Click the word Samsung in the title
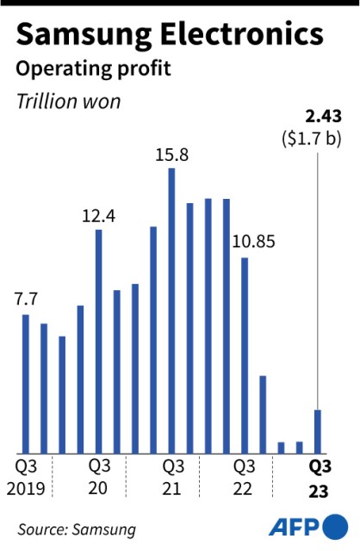tap(84, 36)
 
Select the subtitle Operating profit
tap(94, 70)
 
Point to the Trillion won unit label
tap(69, 102)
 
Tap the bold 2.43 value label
tap(323, 117)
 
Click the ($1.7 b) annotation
tap(312, 139)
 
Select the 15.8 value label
tap(172, 155)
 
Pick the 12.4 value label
tap(98, 216)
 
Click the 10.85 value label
tap(254, 242)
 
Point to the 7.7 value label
tap(26, 299)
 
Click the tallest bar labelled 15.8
tap(171, 311)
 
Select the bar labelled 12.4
tap(99, 342)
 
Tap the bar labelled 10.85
tap(245, 356)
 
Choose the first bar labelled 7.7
tap(26, 384)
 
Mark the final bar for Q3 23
tap(318, 431)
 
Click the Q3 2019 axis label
tap(26, 478)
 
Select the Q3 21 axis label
tap(173, 478)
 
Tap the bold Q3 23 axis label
tap(320, 479)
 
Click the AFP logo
tap(308, 527)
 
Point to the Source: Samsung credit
tap(77, 529)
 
